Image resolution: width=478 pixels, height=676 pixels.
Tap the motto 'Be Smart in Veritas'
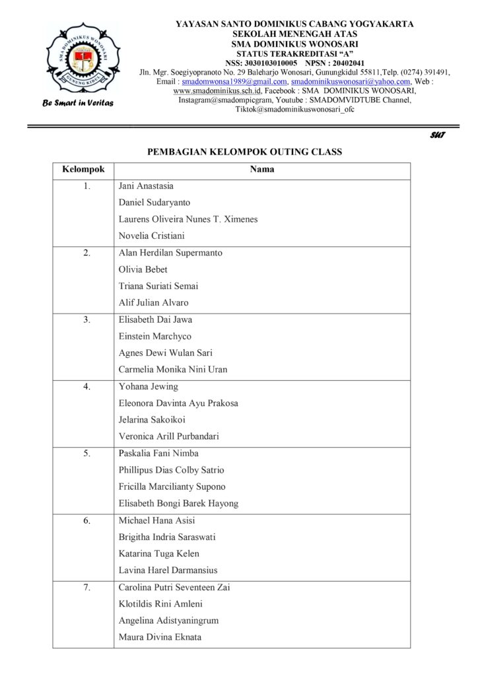(x=79, y=103)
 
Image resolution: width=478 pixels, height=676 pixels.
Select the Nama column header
(x=261, y=170)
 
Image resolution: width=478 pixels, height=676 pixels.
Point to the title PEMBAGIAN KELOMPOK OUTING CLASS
(x=244, y=152)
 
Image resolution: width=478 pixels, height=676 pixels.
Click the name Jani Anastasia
(x=146, y=186)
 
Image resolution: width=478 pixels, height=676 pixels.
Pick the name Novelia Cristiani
(x=151, y=236)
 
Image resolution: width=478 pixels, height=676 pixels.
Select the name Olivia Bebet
(x=143, y=269)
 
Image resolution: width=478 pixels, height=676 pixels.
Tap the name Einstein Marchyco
(x=154, y=336)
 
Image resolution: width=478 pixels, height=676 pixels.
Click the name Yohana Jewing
(x=148, y=386)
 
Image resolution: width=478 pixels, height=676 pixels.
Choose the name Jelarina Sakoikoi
(x=153, y=420)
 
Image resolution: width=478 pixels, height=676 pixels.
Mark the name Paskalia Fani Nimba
(x=158, y=454)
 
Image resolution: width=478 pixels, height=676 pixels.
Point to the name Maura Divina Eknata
(x=160, y=637)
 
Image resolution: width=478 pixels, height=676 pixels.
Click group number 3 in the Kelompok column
(x=86, y=320)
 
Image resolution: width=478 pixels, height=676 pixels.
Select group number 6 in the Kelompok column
(x=86, y=520)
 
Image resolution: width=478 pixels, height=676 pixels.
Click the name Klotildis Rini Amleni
(x=160, y=603)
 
